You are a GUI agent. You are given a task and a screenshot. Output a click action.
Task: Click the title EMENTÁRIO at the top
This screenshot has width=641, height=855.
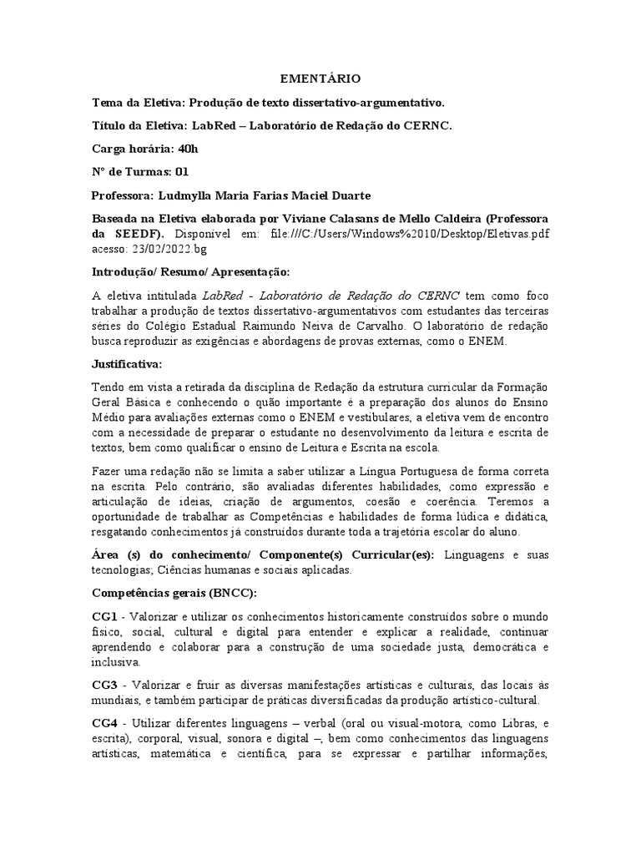[x=320, y=78]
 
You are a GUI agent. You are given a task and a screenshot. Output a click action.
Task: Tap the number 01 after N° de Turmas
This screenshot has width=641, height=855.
[x=180, y=172]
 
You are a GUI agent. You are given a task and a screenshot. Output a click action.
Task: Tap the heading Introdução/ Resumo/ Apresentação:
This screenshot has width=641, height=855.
[x=190, y=272]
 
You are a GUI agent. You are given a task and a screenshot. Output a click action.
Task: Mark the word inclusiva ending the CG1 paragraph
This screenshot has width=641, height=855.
[x=116, y=661]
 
